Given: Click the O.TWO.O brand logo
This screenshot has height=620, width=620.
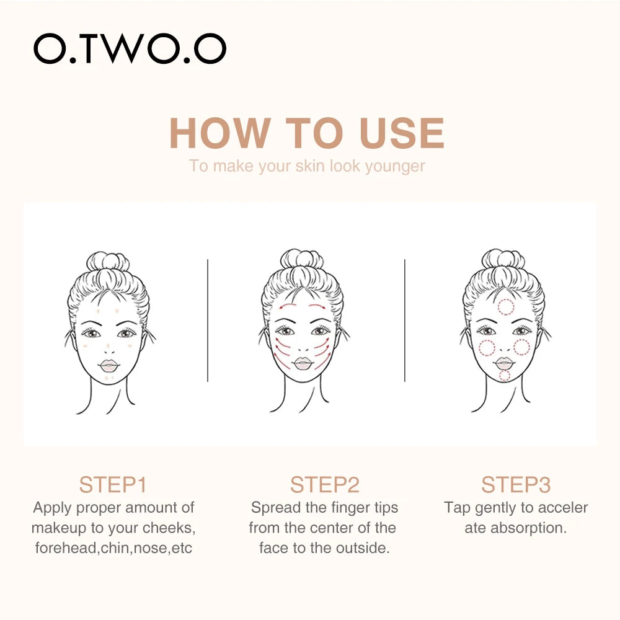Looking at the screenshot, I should click(130, 48).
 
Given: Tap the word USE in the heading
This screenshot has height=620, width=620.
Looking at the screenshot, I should click(402, 133).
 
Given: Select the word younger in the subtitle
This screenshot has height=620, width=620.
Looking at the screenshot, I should click(395, 166).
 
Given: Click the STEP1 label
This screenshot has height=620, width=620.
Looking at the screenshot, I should click(113, 484).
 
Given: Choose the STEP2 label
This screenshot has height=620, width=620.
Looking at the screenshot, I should click(324, 484).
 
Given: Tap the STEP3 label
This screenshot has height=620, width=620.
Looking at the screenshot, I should click(516, 484).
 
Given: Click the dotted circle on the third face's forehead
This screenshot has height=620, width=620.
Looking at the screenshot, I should click(506, 306).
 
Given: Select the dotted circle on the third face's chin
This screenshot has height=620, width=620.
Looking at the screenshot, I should click(505, 375).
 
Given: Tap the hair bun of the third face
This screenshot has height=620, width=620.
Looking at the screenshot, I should click(503, 260).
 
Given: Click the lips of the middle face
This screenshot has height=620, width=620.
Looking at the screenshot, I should click(302, 363).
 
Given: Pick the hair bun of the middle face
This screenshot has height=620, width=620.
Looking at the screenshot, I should click(301, 260).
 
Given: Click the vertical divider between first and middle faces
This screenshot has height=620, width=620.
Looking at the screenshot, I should click(208, 320).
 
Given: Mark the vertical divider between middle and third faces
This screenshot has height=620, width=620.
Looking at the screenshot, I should click(405, 320).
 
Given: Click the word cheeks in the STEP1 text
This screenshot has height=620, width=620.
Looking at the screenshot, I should click(172, 528).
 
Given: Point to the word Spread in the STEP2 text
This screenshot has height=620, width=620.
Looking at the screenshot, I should click(276, 508).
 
